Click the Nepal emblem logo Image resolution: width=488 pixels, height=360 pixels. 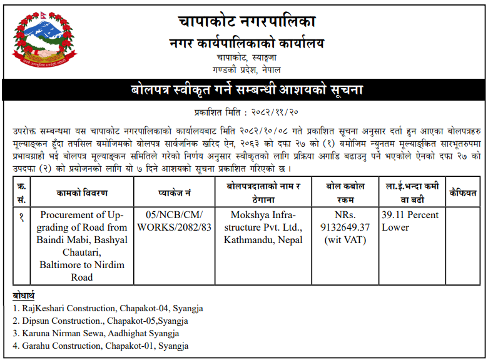click(41, 42)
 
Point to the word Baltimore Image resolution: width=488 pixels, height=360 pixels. click(63, 265)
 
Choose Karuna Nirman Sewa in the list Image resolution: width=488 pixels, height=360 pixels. click(62, 334)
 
